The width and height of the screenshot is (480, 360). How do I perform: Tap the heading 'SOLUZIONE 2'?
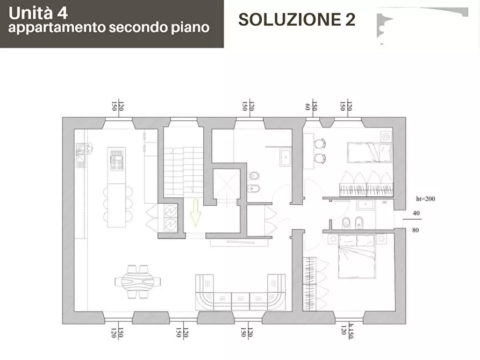[296, 20]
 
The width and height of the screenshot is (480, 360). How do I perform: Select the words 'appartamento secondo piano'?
[109, 28]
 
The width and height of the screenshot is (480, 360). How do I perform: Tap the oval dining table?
[138, 279]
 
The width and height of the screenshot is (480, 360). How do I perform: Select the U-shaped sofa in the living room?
[240, 294]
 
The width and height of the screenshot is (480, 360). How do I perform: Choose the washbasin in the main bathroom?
[284, 157]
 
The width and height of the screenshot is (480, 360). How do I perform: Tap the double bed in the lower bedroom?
[357, 256]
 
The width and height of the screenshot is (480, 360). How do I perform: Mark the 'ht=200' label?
[425, 199]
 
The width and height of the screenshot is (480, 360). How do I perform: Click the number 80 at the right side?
[416, 231]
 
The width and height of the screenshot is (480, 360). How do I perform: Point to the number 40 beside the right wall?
[416, 213]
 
